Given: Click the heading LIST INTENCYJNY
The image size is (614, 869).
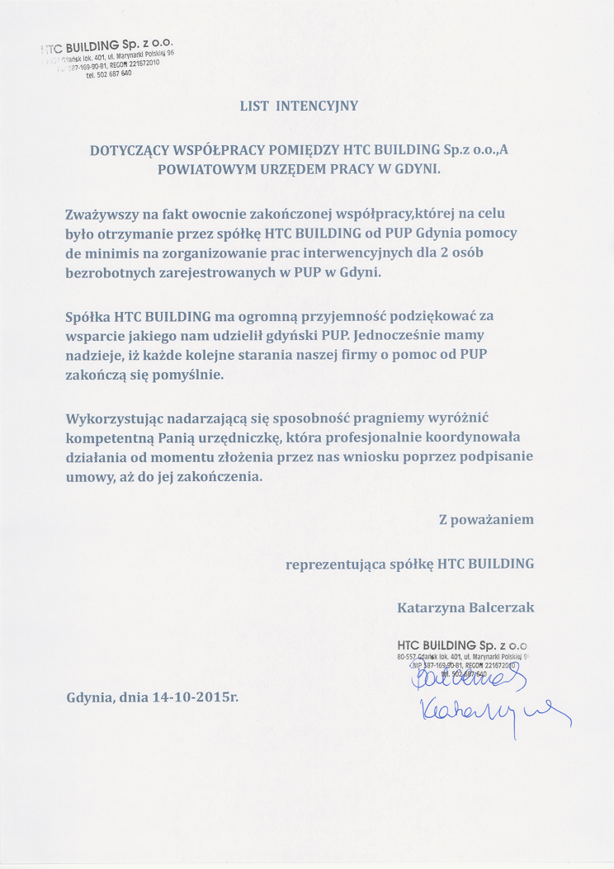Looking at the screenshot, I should [x=299, y=106].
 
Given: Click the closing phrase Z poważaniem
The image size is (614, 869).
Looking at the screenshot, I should [x=486, y=520].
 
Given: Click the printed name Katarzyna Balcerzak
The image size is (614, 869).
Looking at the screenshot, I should [x=465, y=607].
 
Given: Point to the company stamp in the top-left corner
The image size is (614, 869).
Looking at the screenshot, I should [x=107, y=57].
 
